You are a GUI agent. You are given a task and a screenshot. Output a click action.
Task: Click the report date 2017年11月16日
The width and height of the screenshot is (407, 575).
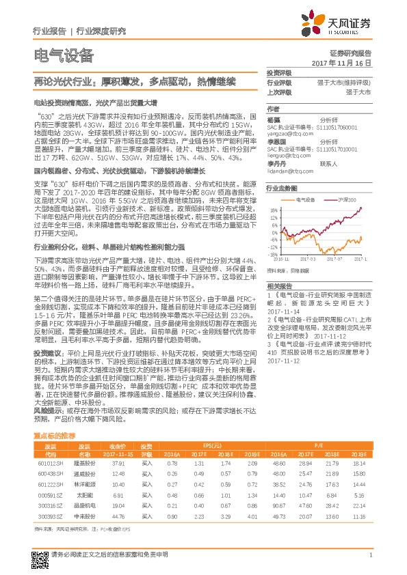tap(349, 62)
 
